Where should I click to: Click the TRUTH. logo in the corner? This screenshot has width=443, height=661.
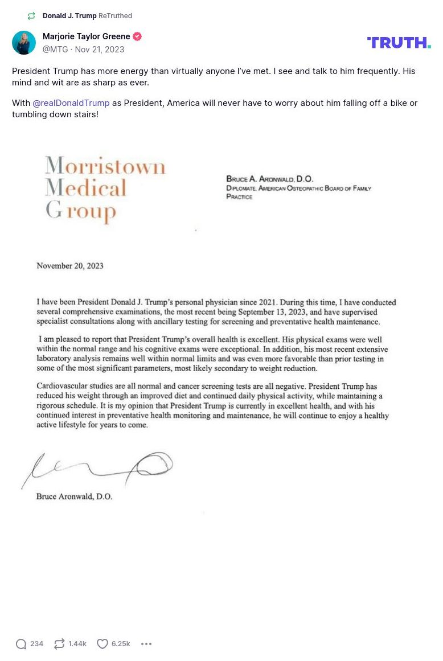point(399,43)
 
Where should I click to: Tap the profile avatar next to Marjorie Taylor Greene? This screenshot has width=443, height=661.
point(24,43)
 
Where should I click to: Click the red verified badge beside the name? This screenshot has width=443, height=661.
point(137,36)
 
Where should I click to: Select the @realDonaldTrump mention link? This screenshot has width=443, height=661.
point(71,103)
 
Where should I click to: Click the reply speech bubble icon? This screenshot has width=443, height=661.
point(21,644)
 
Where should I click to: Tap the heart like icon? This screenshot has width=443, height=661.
point(102,644)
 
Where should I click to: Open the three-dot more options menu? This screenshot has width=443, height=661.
point(146,644)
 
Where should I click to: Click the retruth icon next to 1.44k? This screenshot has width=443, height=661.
point(59,644)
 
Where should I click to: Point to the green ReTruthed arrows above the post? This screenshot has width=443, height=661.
point(31,16)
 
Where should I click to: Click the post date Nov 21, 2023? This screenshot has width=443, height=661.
point(100,50)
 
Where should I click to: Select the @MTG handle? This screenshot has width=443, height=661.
point(55,50)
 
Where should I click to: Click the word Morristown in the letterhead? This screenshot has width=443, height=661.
point(105,167)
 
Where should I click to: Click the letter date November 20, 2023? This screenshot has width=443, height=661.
point(70,266)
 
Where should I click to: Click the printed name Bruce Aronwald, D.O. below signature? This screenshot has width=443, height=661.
point(75,496)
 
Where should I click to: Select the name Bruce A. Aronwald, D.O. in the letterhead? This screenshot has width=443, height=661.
point(270,179)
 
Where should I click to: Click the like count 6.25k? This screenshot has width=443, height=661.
point(121,644)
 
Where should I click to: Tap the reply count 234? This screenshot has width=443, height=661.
point(37,644)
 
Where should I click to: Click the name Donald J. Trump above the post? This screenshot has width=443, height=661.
point(69,16)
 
